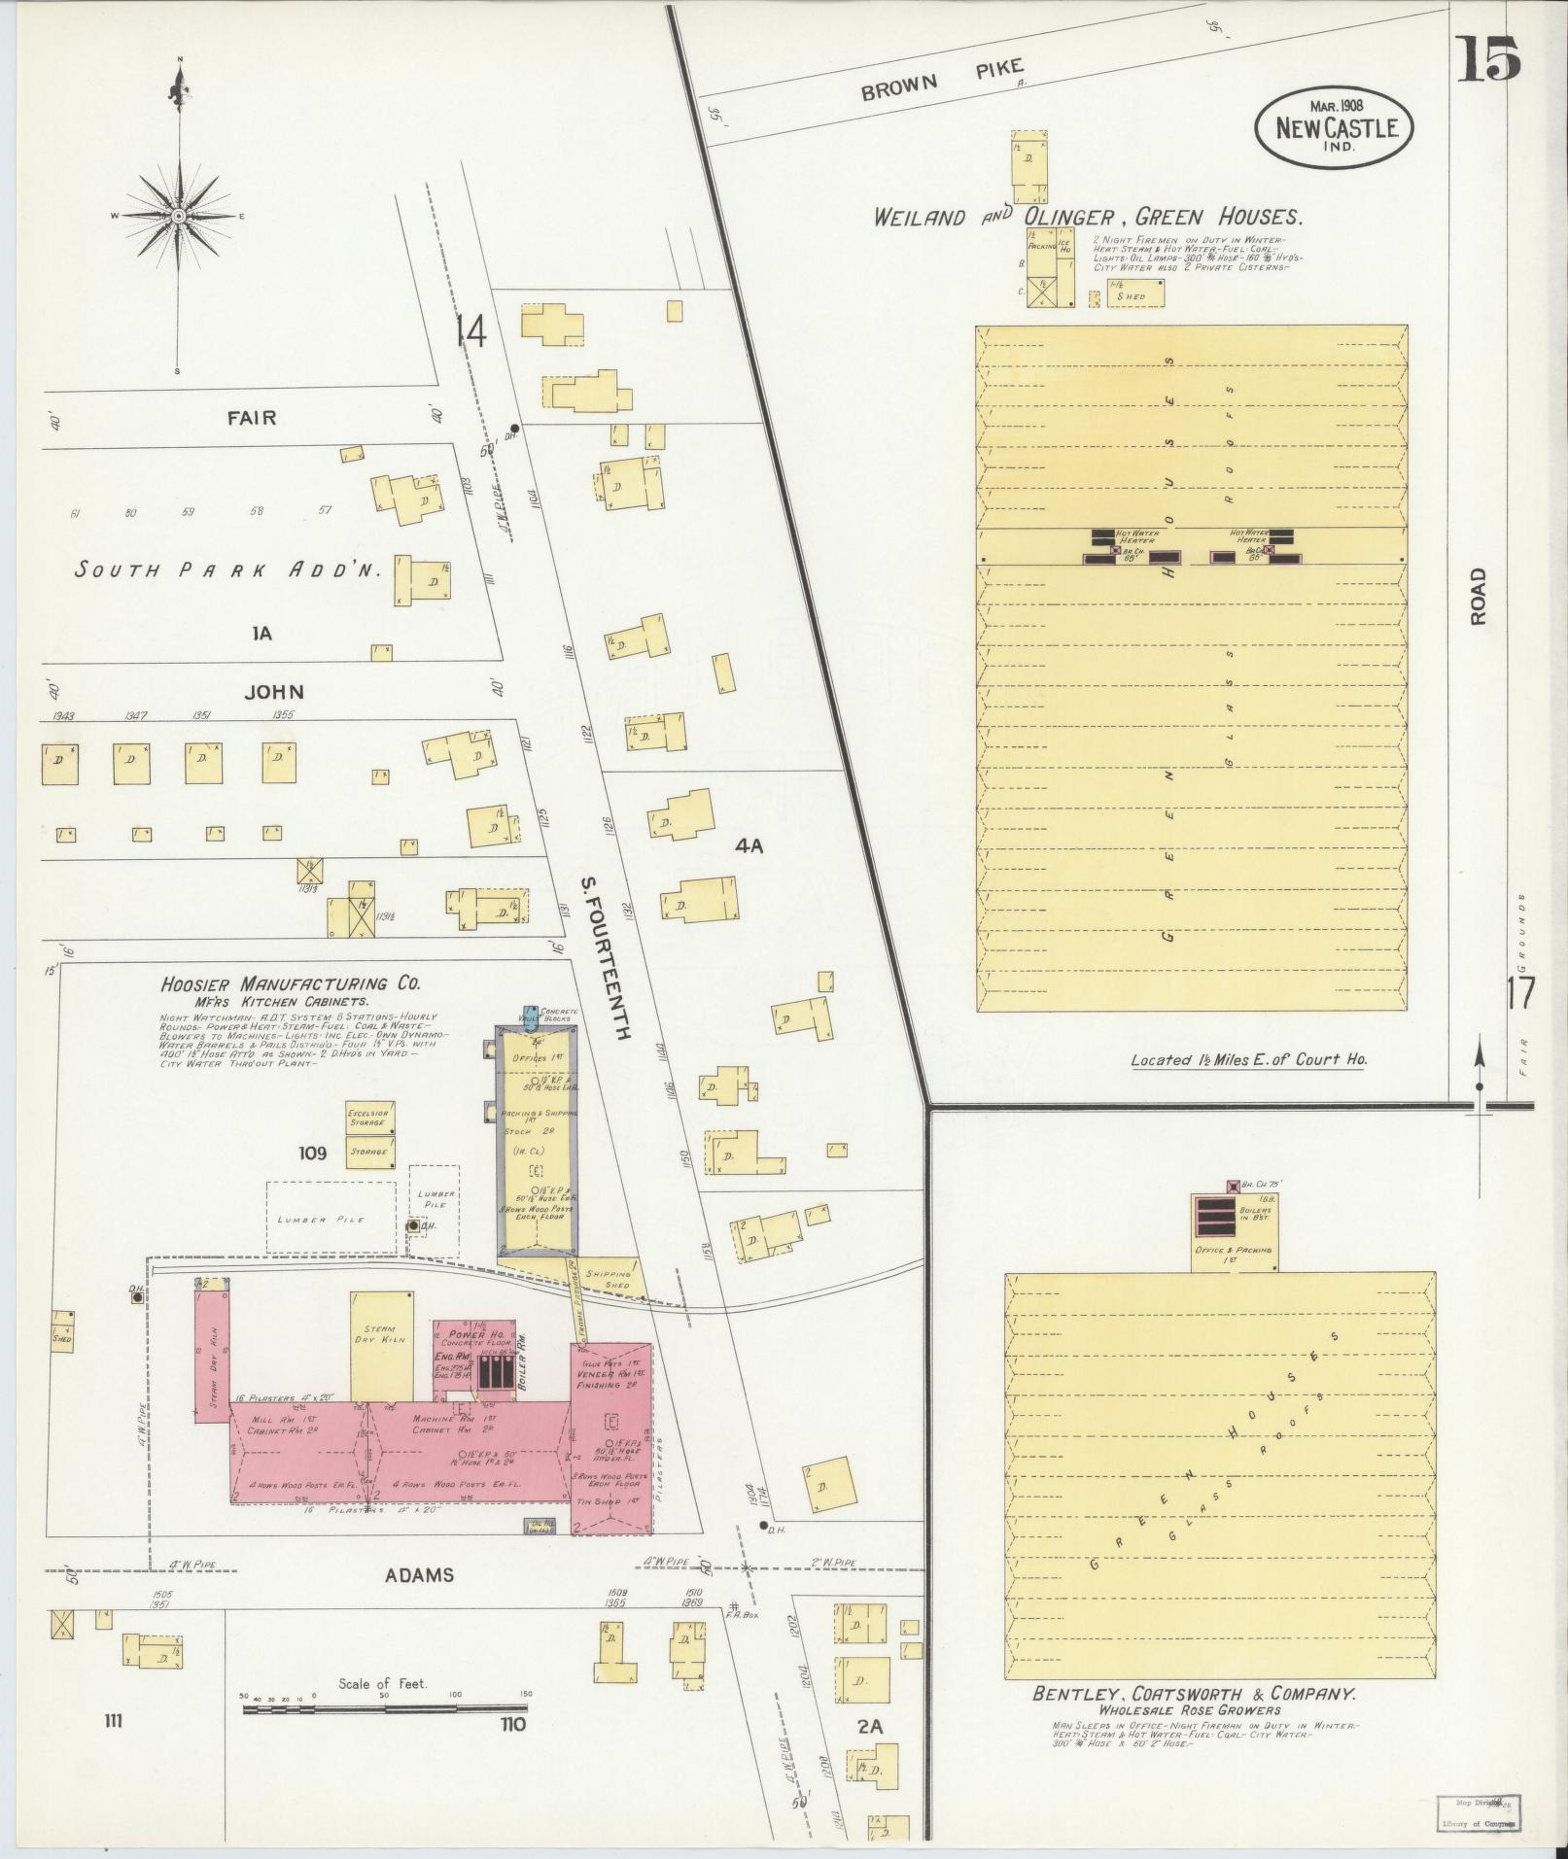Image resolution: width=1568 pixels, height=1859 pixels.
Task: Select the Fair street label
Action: click(x=252, y=418)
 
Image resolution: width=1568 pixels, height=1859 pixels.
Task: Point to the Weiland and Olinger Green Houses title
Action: click(x=1088, y=217)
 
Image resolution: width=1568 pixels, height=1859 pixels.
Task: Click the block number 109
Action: click(x=313, y=1153)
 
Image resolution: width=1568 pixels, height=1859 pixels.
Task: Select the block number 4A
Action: click(x=749, y=846)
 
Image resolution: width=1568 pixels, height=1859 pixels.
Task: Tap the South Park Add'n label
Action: click(x=234, y=570)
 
